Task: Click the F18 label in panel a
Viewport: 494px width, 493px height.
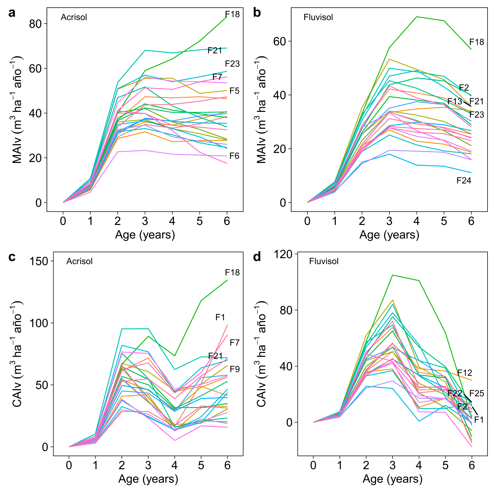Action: (x=232, y=14)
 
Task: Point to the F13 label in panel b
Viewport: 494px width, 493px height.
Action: (x=454, y=101)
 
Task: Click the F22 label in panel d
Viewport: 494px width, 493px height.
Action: (x=454, y=393)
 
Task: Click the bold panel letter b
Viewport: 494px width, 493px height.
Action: (x=257, y=13)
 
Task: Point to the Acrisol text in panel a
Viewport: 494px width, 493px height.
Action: (x=74, y=17)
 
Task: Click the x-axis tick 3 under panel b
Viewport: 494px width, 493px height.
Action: (x=389, y=221)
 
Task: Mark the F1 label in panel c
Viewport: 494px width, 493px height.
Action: (x=220, y=317)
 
